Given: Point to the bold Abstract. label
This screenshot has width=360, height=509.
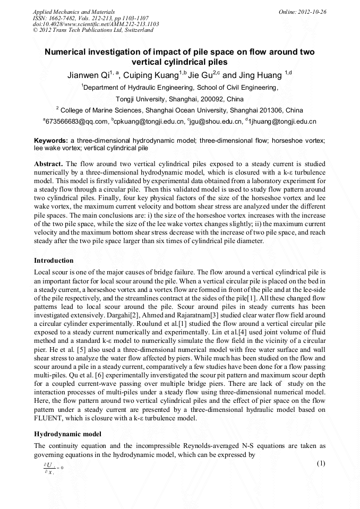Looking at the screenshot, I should click(49, 164).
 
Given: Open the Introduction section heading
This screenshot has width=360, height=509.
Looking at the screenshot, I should click(54, 261).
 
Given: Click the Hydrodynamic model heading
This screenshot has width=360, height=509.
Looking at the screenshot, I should click(67, 434).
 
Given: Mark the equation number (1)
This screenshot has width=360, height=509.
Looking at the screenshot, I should click(321, 463).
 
